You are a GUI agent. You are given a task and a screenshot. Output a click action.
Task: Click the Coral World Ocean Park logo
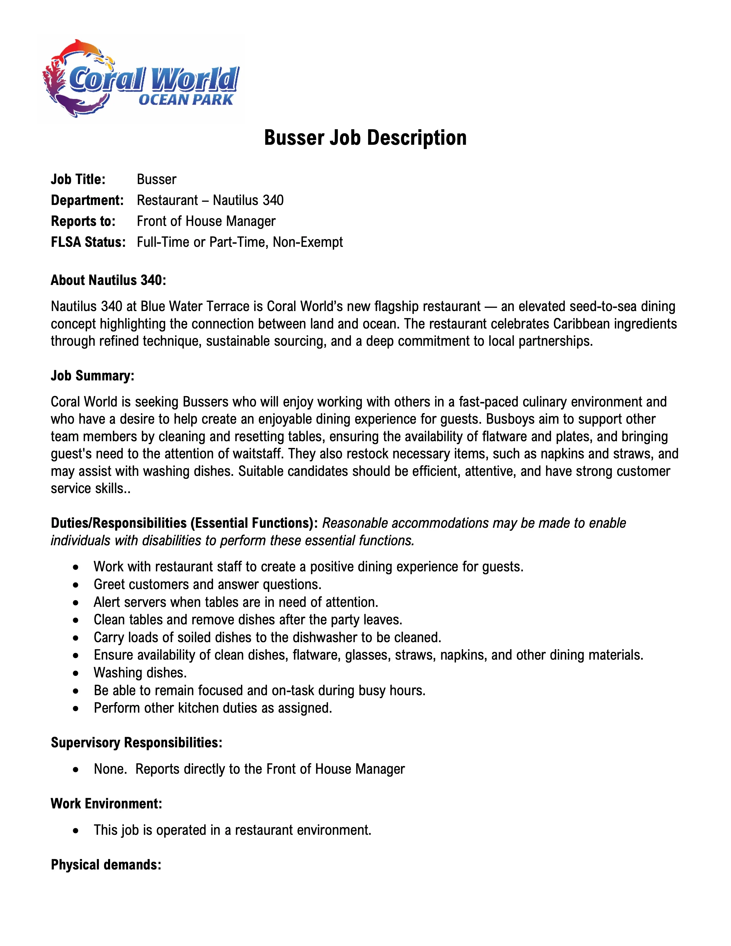coord(141,79)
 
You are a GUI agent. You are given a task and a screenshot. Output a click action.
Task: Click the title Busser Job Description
coord(365,138)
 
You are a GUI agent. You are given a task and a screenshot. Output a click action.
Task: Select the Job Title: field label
coord(78,179)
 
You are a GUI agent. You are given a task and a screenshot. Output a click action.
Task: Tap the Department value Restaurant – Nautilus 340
coord(210,200)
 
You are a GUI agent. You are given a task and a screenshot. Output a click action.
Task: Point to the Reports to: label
coord(83,221)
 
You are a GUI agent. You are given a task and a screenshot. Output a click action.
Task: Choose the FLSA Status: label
coord(88,242)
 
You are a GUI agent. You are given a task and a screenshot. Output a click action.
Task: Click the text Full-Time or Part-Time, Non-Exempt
coord(239,242)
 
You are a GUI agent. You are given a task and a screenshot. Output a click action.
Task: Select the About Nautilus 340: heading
coord(108,280)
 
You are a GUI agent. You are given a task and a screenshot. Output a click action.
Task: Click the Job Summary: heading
coord(92,376)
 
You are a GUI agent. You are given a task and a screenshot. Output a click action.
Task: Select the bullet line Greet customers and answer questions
coord(208,584)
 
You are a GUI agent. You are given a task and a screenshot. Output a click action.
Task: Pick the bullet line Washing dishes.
coord(140,673)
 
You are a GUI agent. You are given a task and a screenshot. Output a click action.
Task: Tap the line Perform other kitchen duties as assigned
coord(213,708)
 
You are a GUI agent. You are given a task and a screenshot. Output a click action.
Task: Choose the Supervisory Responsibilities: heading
coord(136,742)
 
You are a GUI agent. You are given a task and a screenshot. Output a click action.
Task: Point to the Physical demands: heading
coord(106,865)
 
